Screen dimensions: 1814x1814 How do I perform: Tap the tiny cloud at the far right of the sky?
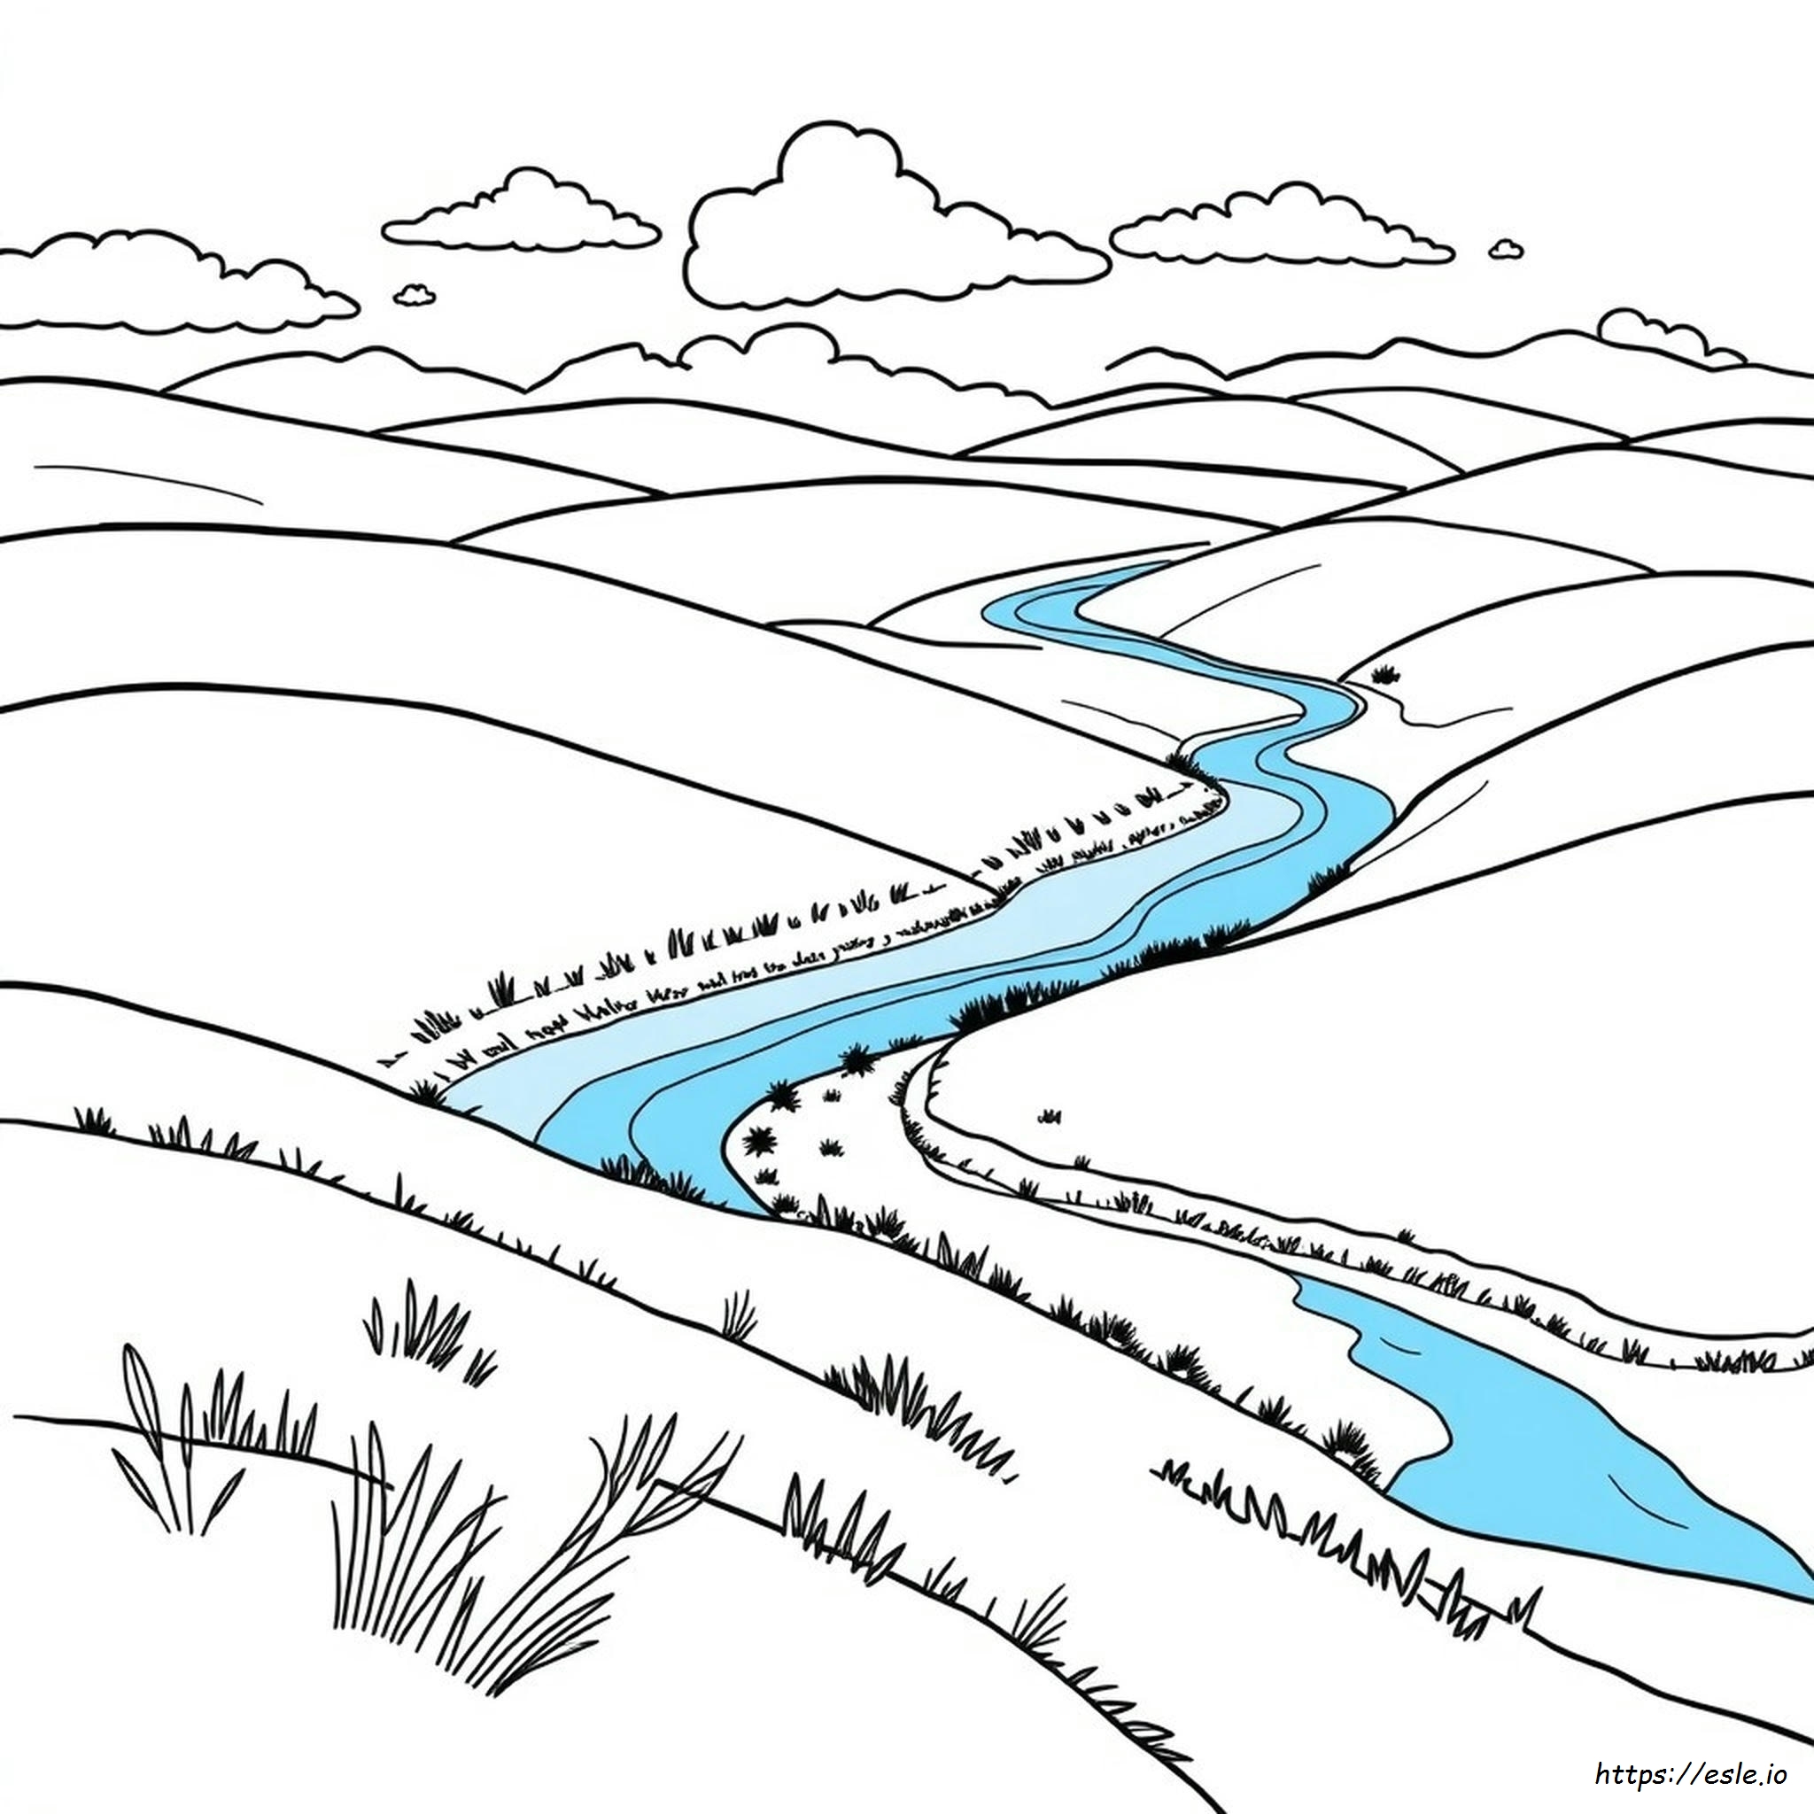1506,249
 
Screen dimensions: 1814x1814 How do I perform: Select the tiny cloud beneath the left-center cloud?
414,295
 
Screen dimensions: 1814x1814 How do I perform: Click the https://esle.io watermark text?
1690,1773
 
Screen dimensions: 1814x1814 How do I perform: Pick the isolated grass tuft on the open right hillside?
1050,1115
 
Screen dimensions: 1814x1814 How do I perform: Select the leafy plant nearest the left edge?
178,1437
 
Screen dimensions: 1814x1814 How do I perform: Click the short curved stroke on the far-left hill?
148,482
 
